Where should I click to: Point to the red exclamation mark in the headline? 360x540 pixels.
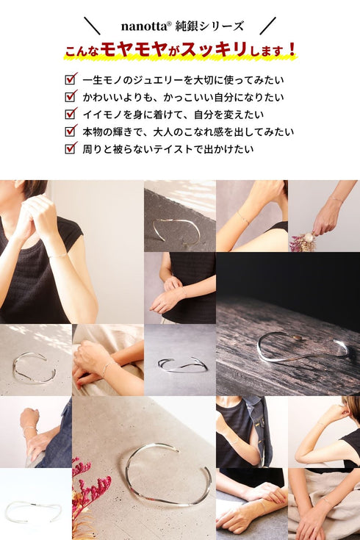point(292,51)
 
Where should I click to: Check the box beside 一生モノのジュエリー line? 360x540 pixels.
point(71,79)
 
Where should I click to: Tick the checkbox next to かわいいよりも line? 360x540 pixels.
point(71,96)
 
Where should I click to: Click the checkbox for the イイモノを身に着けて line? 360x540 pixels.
point(71,114)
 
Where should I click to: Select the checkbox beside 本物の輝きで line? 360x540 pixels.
point(71,131)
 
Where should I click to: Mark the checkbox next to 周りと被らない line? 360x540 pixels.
point(71,148)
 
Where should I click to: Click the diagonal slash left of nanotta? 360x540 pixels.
point(93,26)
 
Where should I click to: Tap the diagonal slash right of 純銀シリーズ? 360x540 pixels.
point(267,26)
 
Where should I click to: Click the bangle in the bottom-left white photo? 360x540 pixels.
point(33,510)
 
